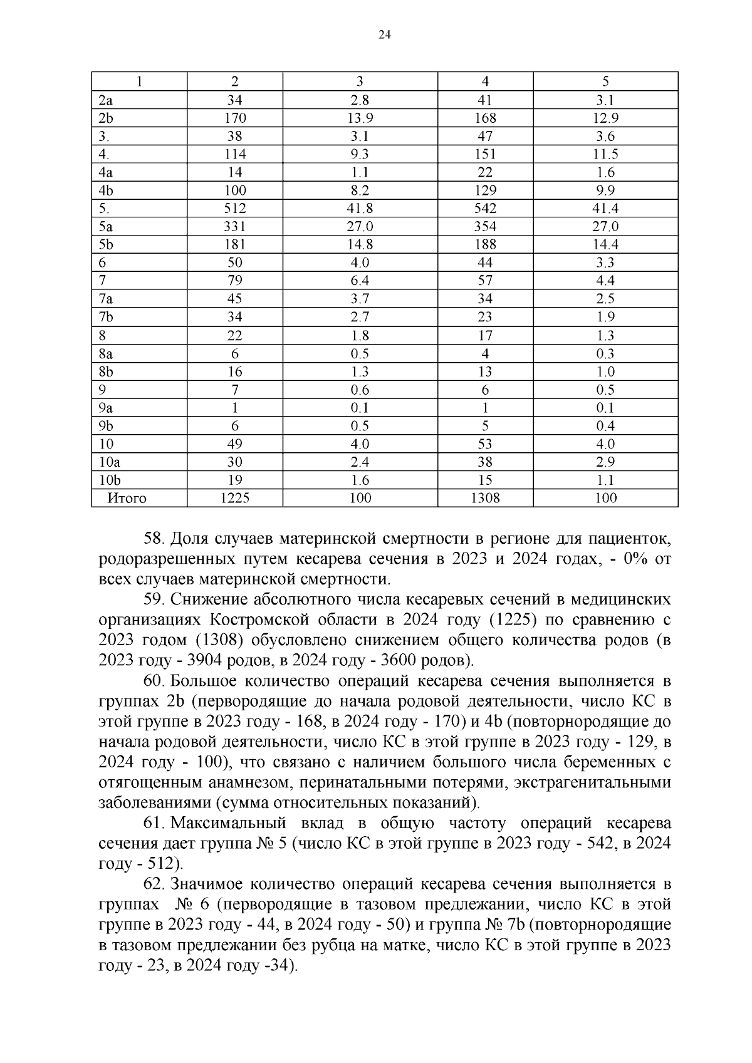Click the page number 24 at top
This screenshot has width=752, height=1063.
(385, 36)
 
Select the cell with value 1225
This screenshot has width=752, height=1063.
(234, 498)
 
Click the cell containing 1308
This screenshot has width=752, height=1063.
(485, 498)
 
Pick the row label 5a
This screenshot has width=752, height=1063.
(106, 226)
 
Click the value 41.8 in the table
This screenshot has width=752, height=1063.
(360, 208)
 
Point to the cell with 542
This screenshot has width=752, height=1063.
(485, 208)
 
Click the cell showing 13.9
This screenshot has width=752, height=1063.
(360, 118)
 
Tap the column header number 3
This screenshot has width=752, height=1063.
(360, 81)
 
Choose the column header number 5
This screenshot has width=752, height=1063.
(605, 81)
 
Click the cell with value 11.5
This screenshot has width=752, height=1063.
(605, 154)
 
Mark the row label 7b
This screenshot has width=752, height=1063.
(106, 317)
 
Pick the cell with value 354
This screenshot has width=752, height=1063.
(485, 226)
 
